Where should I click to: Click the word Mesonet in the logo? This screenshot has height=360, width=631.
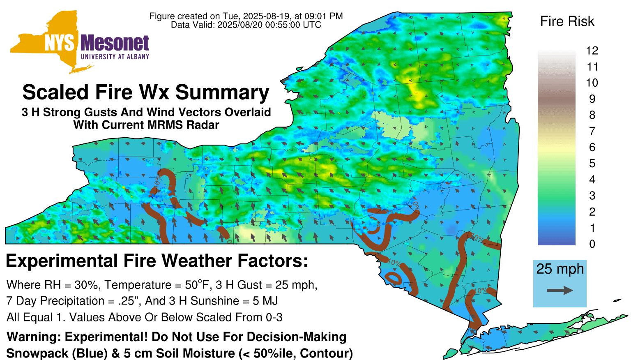(x=115, y=43)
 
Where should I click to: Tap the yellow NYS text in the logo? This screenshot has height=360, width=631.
(x=60, y=43)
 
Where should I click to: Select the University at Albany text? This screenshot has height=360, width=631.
(x=115, y=57)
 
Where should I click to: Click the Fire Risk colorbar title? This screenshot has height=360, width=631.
(x=567, y=21)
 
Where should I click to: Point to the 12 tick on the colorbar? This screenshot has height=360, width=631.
(x=592, y=51)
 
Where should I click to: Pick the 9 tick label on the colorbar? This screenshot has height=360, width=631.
(x=592, y=99)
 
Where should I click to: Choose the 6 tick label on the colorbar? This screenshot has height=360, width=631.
(x=592, y=147)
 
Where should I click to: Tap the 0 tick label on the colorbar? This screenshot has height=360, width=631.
(x=592, y=244)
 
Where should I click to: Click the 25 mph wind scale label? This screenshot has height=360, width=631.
(x=560, y=269)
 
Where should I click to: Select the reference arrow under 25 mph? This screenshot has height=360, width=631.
(x=560, y=290)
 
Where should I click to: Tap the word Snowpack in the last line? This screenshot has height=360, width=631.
(x=37, y=353)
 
